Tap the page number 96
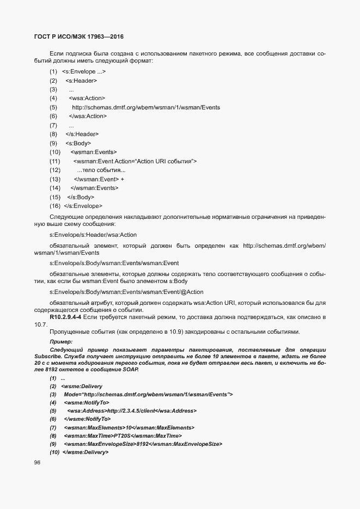click(38, 463)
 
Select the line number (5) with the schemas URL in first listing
click(53, 107)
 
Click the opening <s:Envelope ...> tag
click(84, 71)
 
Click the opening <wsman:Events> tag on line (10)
click(94, 152)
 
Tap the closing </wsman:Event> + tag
click(99, 179)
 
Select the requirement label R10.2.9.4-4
click(65, 316)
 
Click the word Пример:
click(61, 341)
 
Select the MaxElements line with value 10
click(129, 428)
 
